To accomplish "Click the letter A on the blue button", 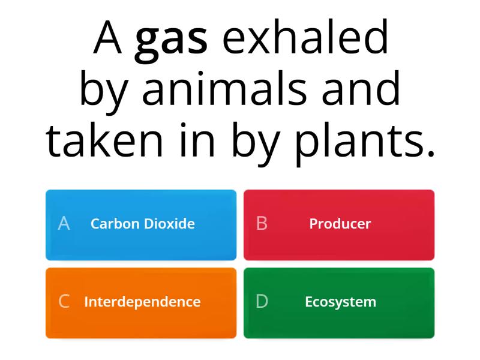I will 64,224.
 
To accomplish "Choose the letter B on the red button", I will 262,224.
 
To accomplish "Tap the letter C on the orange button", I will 64,302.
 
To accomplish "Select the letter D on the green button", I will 262,302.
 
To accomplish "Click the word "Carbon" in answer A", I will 114,224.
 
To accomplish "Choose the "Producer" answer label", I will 340,224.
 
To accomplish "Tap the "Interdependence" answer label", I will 142,302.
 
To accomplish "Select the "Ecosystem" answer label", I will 340,302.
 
